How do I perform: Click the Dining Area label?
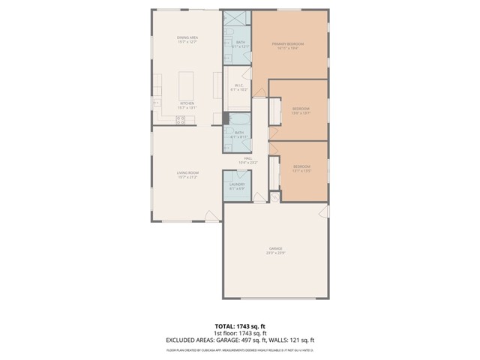click(x=187, y=37)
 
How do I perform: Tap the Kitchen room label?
click(x=187, y=103)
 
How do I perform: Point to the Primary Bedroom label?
click(x=290, y=44)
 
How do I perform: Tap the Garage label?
click(x=276, y=248)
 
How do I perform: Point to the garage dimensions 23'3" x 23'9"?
click(x=276, y=253)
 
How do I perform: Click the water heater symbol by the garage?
click(x=274, y=197)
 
